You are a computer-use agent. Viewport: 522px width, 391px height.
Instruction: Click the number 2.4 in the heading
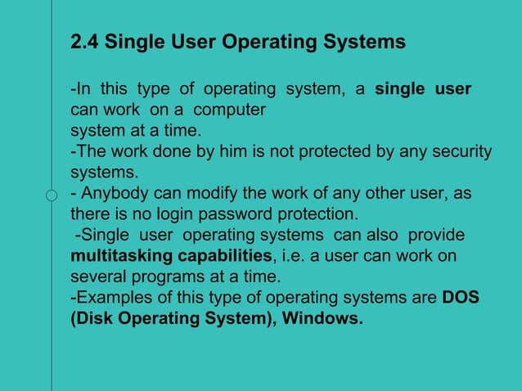[x=84, y=41]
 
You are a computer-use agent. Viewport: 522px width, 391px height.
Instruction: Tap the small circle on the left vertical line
[x=52, y=195]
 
